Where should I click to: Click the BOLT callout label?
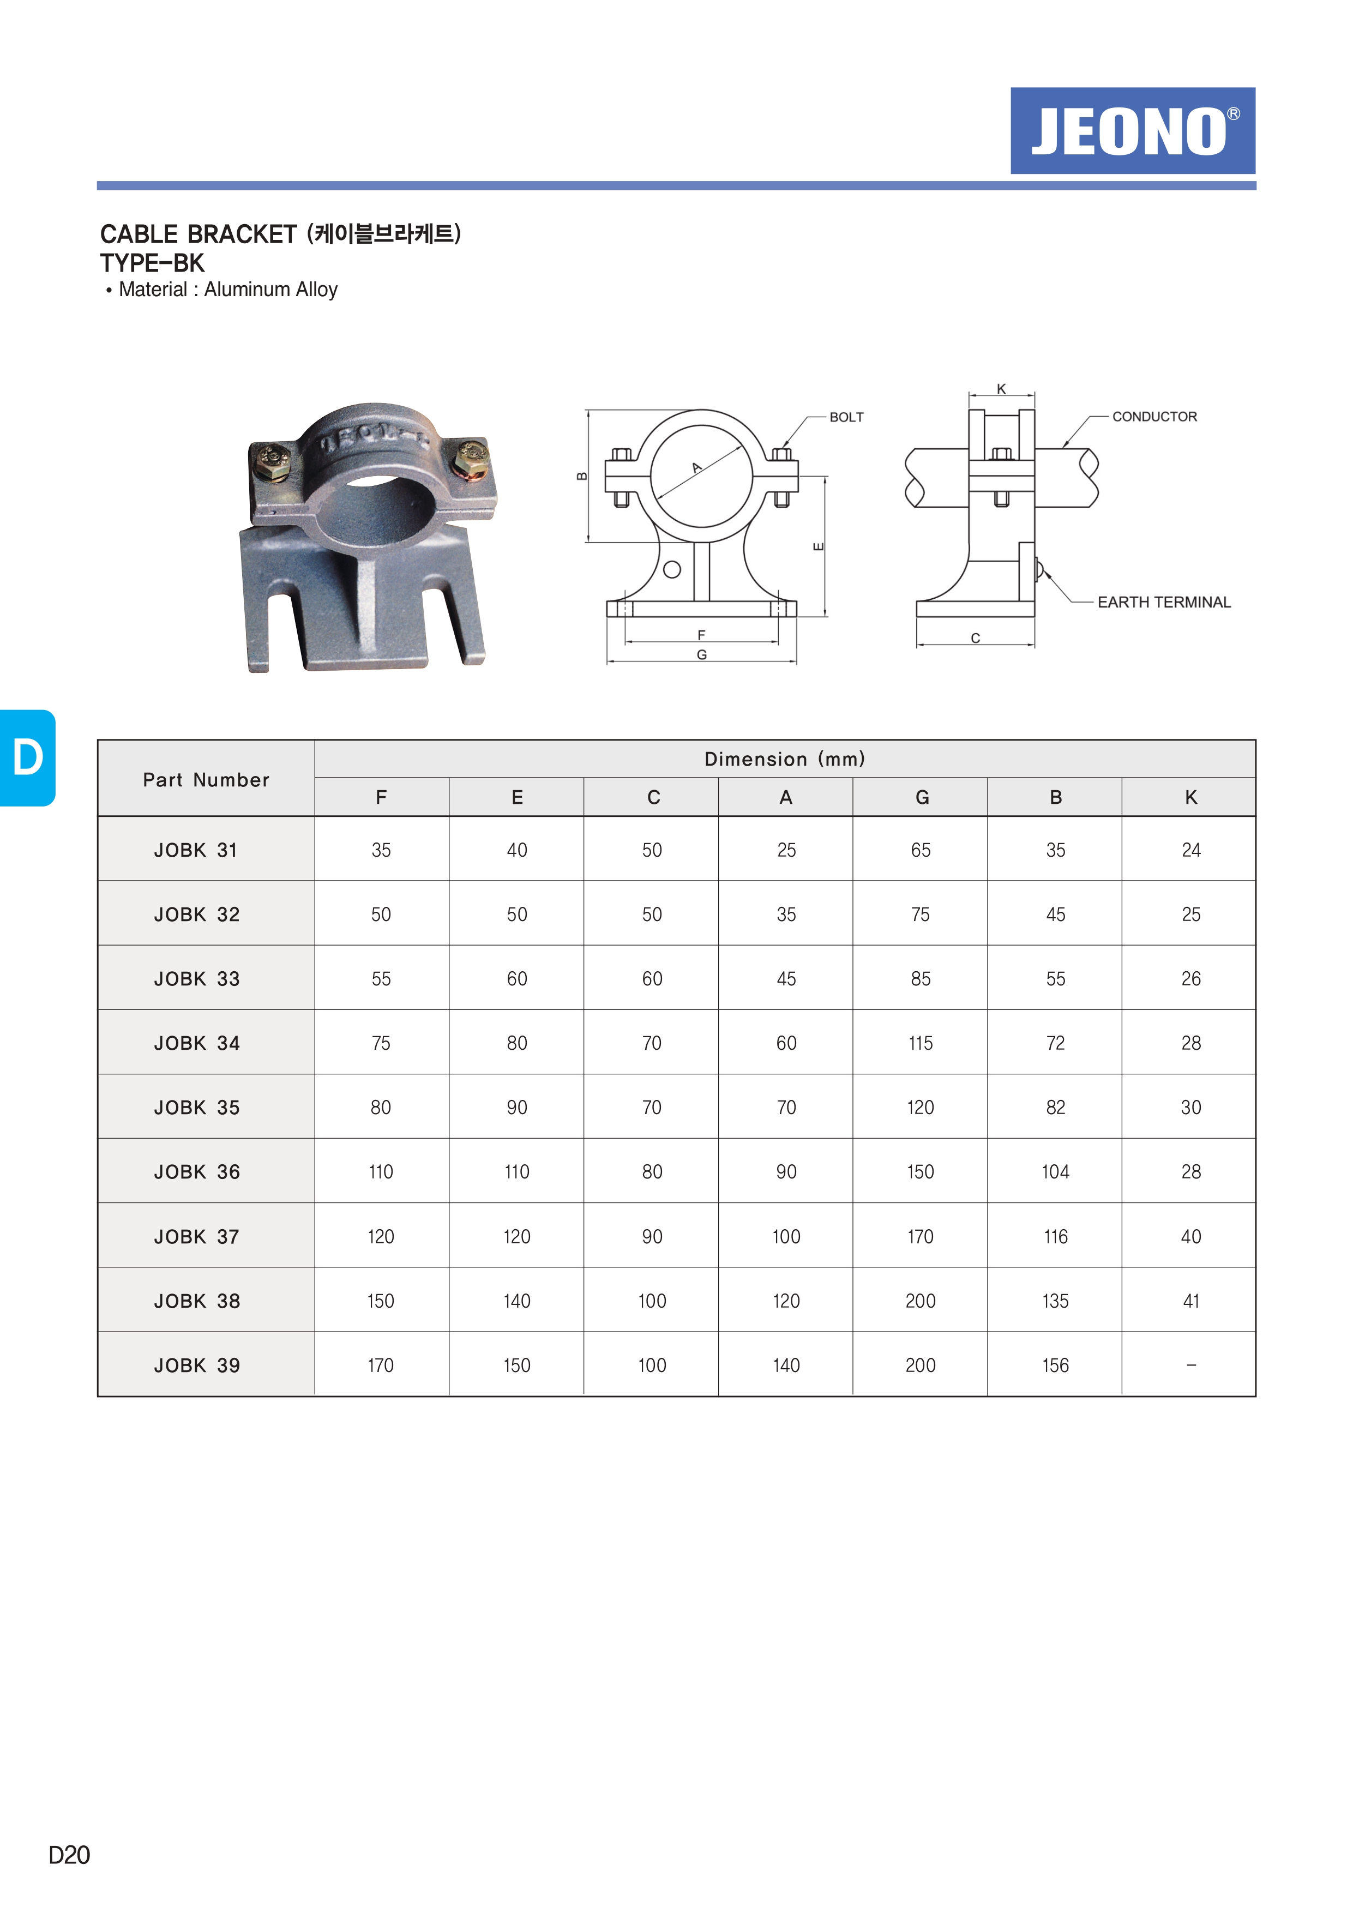point(846,417)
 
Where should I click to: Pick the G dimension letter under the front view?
point(701,655)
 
